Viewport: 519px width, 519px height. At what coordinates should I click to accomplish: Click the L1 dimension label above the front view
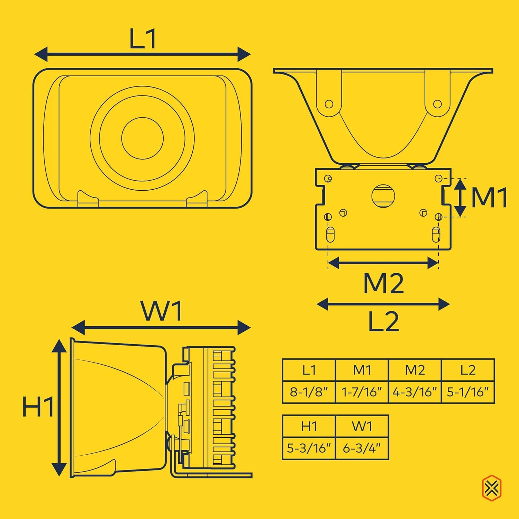pos(143,39)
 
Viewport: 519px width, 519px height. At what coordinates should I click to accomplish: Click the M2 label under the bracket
pos(383,283)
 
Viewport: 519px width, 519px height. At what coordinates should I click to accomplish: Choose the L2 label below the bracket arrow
pos(383,321)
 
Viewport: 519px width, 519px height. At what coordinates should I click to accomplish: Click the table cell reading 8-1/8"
pos(309,392)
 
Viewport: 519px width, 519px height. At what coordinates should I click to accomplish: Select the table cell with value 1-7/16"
pos(362,392)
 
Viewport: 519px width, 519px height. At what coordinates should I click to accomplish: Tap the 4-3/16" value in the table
pos(415,392)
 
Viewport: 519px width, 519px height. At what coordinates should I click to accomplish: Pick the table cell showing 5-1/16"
pos(468,392)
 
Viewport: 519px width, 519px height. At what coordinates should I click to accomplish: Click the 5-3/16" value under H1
pos(309,448)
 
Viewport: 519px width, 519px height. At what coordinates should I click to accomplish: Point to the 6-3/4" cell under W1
pos(362,448)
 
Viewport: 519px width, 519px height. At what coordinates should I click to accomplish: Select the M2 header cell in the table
pos(415,370)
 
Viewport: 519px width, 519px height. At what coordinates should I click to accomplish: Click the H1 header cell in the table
pos(309,426)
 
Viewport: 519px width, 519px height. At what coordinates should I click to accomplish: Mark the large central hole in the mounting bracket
pos(383,196)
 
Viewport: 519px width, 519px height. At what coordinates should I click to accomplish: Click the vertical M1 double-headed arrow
pos(460,198)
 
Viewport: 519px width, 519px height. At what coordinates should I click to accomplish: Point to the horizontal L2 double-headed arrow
pos(383,304)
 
